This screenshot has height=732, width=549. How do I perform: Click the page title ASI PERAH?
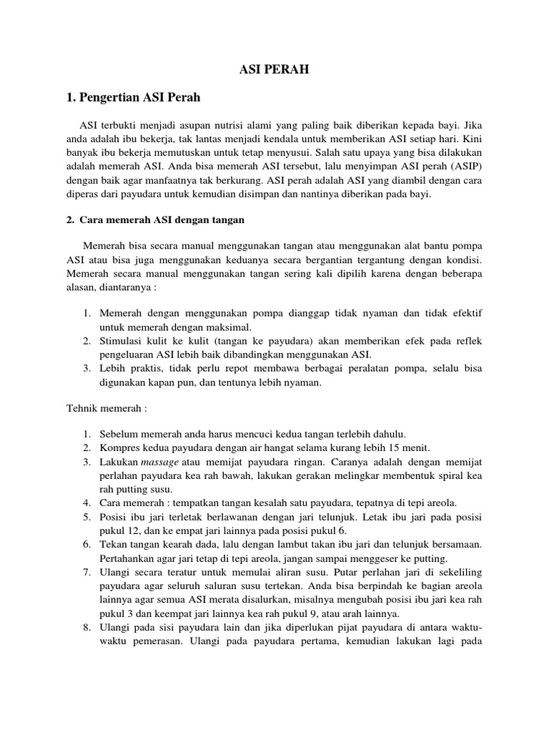coord(274,70)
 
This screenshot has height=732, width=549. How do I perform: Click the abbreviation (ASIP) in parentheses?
coord(465,167)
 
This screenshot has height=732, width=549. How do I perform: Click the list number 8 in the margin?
coord(85,625)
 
